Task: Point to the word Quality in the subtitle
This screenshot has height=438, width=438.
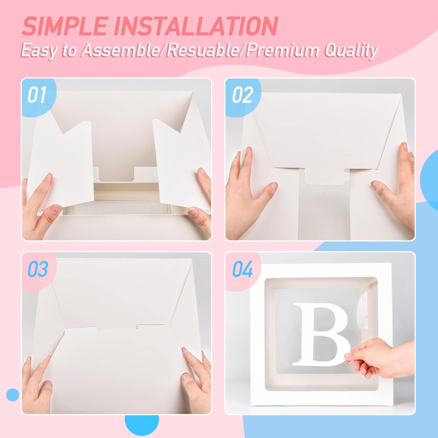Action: point(352,50)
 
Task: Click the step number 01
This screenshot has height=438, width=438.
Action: point(37,95)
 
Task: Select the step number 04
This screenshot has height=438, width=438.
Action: point(243,270)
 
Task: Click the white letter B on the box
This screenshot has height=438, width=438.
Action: point(321,334)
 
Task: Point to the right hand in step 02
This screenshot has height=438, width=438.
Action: point(396,184)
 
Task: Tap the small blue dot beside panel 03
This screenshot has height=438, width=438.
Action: point(13,394)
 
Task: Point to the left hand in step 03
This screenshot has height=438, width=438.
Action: point(36,385)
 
